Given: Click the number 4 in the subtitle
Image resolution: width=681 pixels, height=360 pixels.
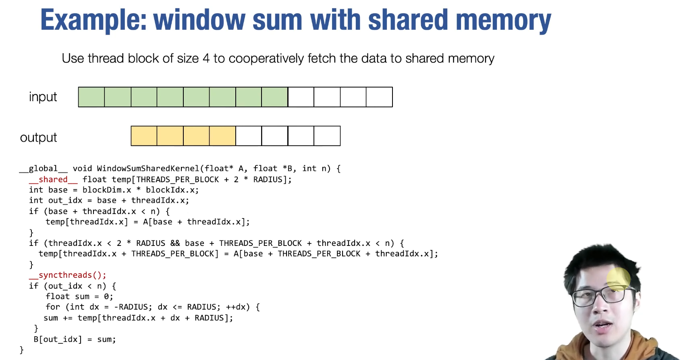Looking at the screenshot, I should [x=206, y=58].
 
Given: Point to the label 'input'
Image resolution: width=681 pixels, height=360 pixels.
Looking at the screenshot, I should [x=43, y=97].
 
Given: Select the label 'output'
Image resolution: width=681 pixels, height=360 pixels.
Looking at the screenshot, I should [x=38, y=137].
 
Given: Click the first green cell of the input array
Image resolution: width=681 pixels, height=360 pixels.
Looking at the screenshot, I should [x=91, y=97].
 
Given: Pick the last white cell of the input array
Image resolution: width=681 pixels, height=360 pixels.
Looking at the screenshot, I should [x=379, y=97].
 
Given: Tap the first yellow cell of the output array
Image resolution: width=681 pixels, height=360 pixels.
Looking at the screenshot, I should [x=144, y=136].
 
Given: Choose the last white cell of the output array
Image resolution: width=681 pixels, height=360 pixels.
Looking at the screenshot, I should [x=327, y=136].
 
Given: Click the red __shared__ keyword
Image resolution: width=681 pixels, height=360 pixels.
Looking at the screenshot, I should [x=53, y=179].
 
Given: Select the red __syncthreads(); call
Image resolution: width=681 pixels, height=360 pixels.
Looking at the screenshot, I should [x=67, y=275].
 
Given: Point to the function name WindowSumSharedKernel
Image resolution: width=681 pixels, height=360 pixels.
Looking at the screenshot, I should [x=148, y=169].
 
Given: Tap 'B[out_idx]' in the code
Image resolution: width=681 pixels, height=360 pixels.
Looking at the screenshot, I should [x=58, y=339].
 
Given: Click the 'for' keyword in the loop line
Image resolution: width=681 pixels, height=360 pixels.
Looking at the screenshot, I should [x=53, y=307].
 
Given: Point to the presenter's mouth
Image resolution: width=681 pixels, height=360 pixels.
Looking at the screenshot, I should [x=603, y=325].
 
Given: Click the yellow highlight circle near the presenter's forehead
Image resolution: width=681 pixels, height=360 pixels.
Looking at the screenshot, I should [x=618, y=279].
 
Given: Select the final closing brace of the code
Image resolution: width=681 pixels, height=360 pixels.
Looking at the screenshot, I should [x=22, y=350].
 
